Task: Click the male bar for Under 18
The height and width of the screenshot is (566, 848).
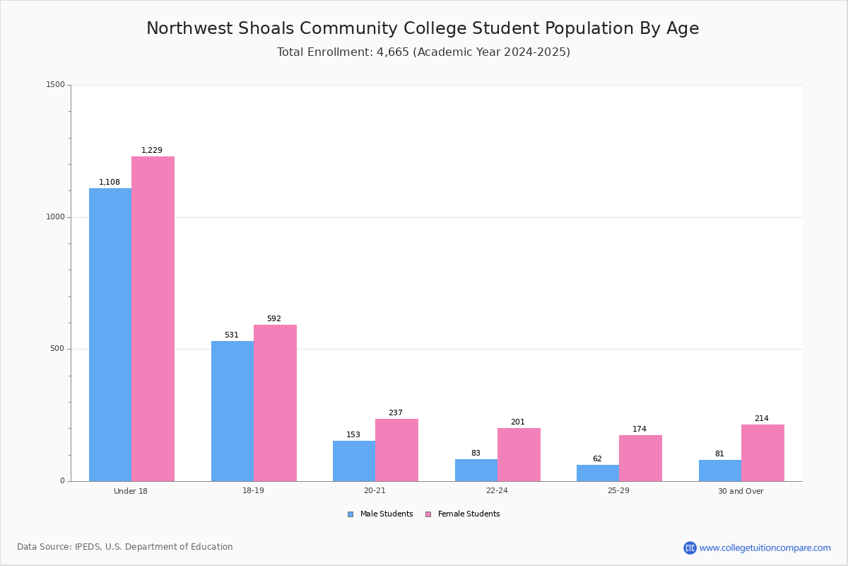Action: point(110,335)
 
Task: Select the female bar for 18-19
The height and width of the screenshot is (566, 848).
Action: point(275,403)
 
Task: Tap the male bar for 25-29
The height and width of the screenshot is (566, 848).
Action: point(598,473)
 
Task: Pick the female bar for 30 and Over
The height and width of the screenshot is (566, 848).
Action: point(762,453)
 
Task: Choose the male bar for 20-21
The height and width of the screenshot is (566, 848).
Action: point(354,461)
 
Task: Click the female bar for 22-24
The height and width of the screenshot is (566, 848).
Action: point(519,455)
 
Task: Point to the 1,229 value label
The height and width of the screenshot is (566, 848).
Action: point(152,150)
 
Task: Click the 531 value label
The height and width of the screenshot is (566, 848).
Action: point(232,335)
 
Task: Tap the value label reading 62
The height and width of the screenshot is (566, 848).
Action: point(597,458)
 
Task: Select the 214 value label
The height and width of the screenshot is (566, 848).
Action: point(762,418)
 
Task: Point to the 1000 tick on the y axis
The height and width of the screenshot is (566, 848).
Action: point(56,216)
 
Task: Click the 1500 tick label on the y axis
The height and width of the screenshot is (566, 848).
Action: point(56,84)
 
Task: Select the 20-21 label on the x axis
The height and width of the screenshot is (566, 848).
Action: point(375,490)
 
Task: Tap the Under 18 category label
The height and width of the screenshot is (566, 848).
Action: point(131,491)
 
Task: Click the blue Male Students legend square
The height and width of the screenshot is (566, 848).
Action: point(351,514)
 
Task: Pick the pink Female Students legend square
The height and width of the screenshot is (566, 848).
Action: point(428,514)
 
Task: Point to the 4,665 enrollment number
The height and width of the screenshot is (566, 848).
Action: point(393,52)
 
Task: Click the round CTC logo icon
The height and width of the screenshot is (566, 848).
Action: point(690,548)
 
